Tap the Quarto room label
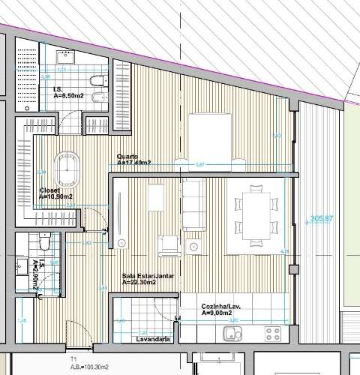(x=133, y=160)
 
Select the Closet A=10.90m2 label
(x=55, y=193)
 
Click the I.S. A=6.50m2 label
(x=70, y=93)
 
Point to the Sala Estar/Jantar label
(x=148, y=279)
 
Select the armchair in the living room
(x=169, y=245)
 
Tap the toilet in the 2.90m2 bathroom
(x=45, y=243)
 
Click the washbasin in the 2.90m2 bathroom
(x=22, y=264)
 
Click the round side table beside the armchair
(x=196, y=246)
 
